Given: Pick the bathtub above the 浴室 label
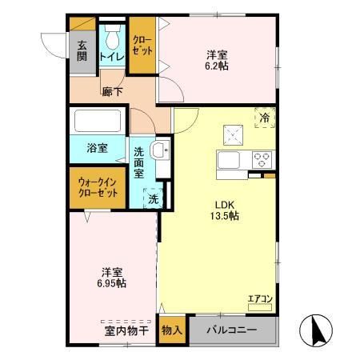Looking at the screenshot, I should pos(98,122).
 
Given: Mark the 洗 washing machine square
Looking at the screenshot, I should pos(151,198).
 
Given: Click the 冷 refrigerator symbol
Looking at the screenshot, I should pos(265,118).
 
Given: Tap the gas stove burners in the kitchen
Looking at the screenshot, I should pos(261,159).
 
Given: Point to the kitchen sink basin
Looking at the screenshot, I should pos(228,161).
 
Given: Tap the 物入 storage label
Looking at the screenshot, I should pos(170,330).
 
